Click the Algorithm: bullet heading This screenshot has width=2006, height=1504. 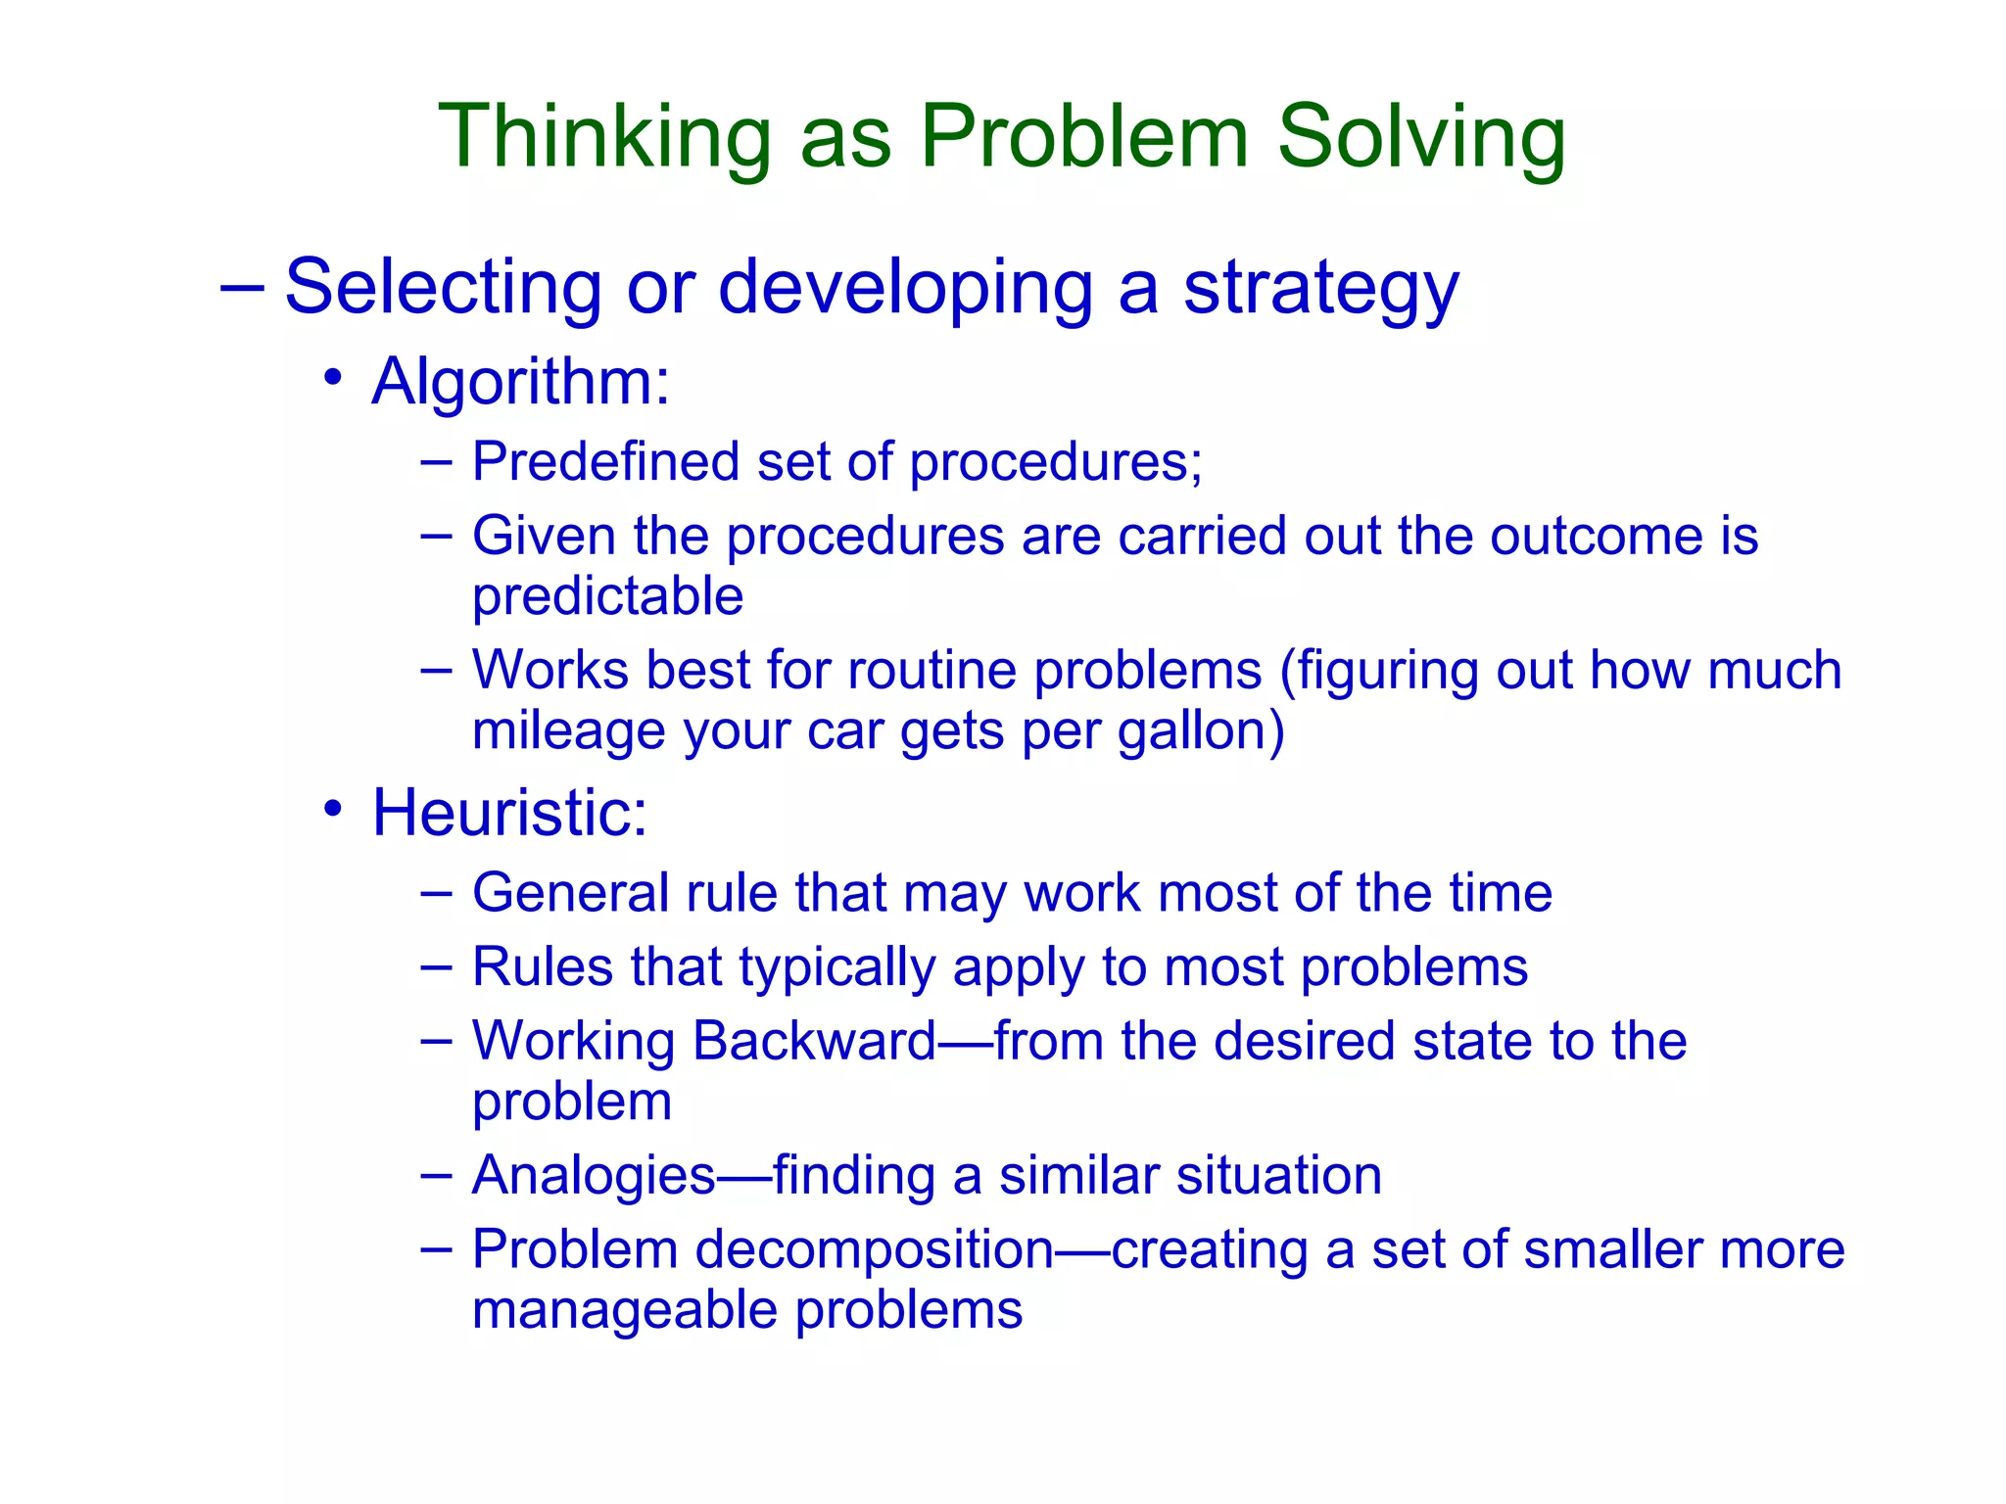click(x=520, y=381)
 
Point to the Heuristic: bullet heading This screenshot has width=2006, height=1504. click(x=509, y=813)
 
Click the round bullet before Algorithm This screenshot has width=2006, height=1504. click(x=333, y=378)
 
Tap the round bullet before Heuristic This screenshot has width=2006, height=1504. click(x=333, y=810)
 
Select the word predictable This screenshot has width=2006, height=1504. click(x=607, y=596)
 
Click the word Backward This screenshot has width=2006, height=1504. click(x=815, y=1041)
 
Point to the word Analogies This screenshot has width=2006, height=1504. click(x=594, y=1176)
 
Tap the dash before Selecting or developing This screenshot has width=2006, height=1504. click(x=242, y=289)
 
